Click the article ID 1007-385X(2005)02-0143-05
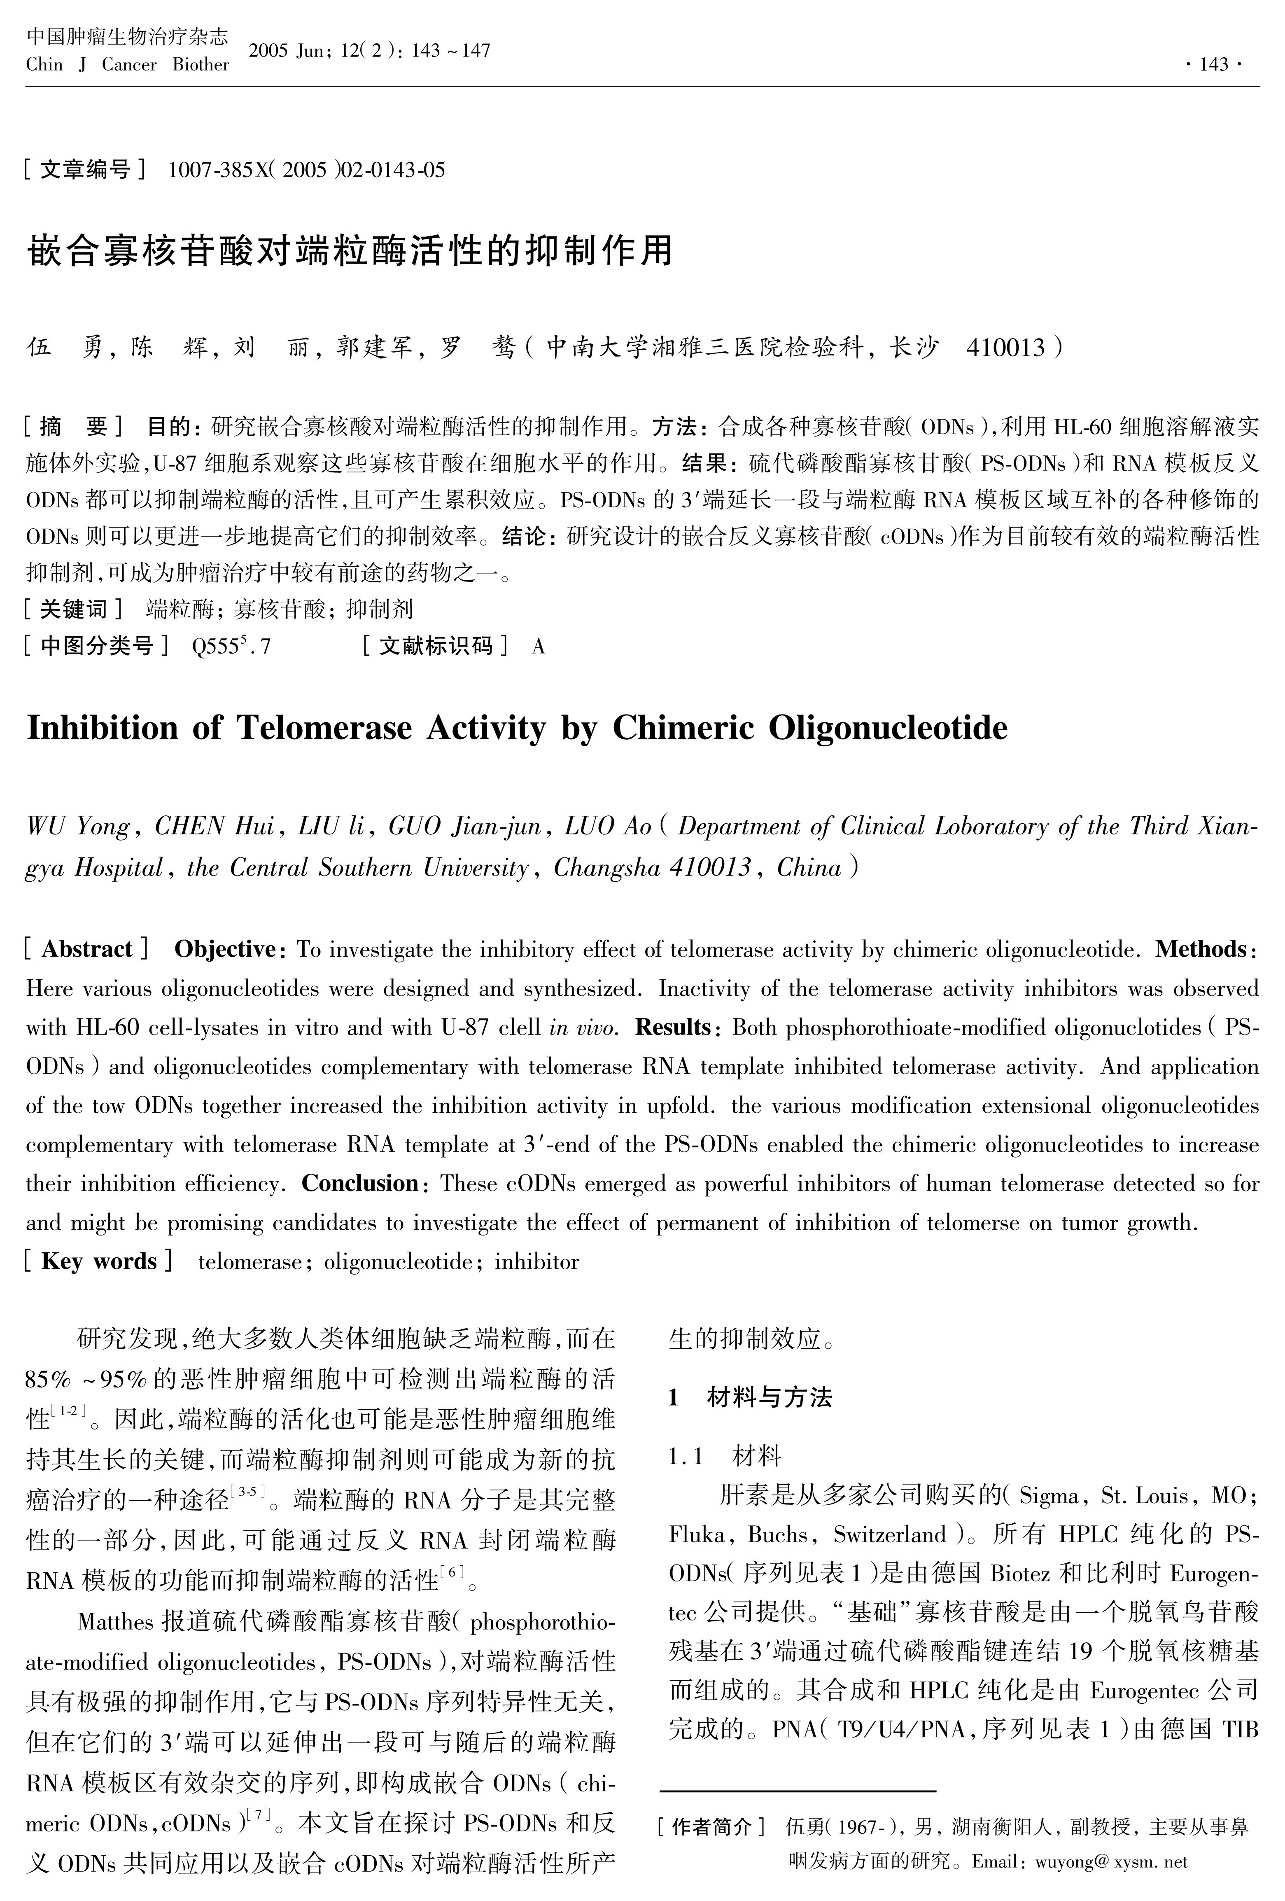click(x=307, y=170)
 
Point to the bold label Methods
click(x=1201, y=950)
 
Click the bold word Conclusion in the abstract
click(x=360, y=1184)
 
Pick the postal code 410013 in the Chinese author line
click(x=1005, y=348)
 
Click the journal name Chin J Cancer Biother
click(x=128, y=65)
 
